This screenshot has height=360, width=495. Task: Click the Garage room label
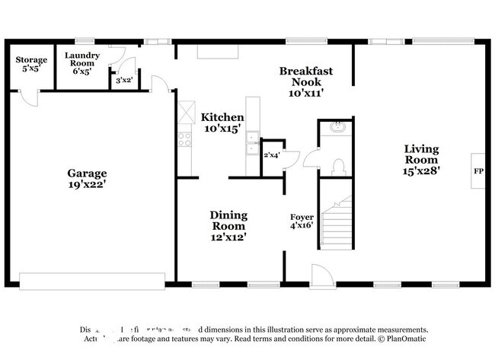[87, 178]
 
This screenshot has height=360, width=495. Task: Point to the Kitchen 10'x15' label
[222, 123]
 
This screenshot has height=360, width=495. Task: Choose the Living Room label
[421, 160]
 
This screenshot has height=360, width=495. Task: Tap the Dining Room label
[228, 226]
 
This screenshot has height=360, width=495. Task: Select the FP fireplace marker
[478, 171]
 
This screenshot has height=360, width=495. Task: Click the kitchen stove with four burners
[184, 139]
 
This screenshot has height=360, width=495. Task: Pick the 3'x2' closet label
[122, 79]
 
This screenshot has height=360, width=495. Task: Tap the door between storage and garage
[29, 97]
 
